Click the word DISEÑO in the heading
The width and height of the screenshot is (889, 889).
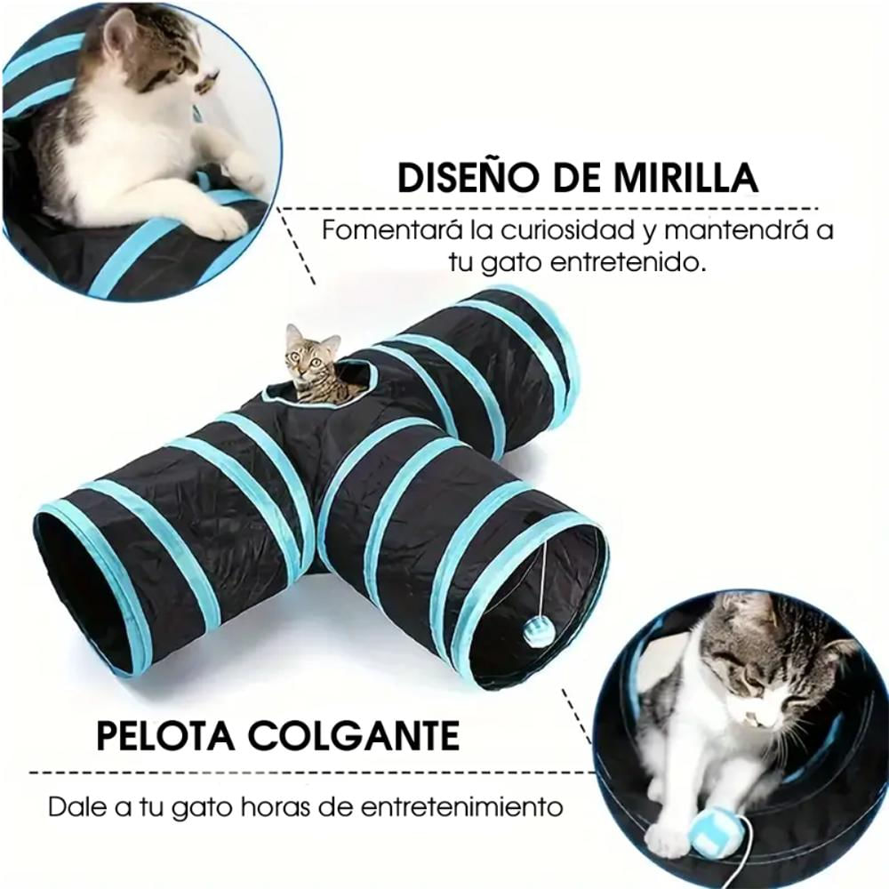tap(460, 177)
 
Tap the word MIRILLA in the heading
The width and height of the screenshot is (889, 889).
tap(686, 177)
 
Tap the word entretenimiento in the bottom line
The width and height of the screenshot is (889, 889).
tap(461, 807)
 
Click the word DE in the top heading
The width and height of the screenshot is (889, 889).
tap(568, 177)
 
